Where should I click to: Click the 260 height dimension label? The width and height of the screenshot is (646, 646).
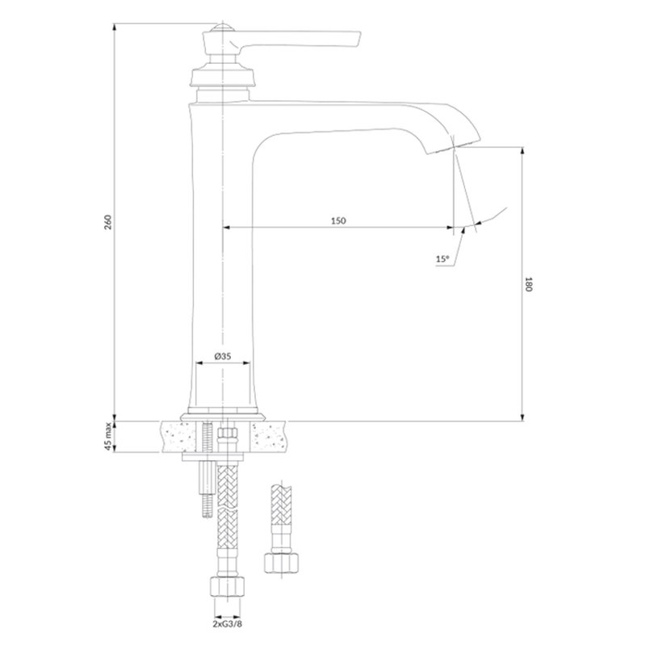(107, 222)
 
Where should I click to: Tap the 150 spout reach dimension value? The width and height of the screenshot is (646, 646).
(338, 220)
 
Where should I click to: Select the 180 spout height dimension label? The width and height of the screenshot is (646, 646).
(529, 284)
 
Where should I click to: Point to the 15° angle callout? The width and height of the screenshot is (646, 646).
(443, 259)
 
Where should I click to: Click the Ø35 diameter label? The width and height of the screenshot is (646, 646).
(223, 356)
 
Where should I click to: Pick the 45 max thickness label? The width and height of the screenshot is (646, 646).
(108, 436)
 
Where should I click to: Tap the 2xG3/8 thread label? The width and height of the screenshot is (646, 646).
(228, 623)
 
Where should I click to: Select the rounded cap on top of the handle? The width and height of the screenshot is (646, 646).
(223, 28)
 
